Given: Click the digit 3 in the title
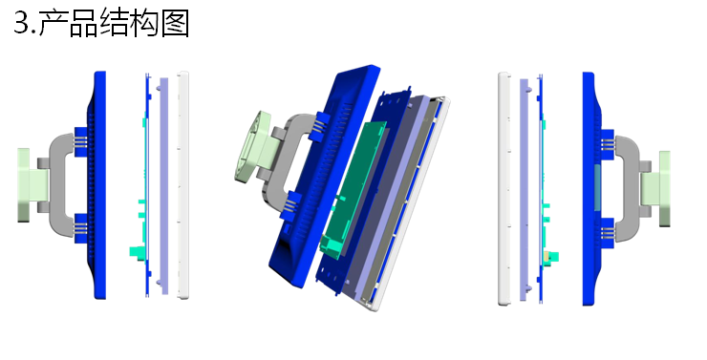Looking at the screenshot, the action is [22, 23].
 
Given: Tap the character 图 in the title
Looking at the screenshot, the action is [176, 23].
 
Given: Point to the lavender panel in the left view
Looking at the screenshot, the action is [164, 185].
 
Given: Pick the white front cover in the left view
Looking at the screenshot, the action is [183, 184].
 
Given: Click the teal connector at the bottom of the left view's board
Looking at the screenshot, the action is [137, 251].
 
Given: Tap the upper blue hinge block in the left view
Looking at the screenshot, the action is [80, 142].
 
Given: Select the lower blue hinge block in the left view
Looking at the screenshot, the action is [80, 228].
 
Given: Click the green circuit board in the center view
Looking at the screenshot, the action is [353, 189].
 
